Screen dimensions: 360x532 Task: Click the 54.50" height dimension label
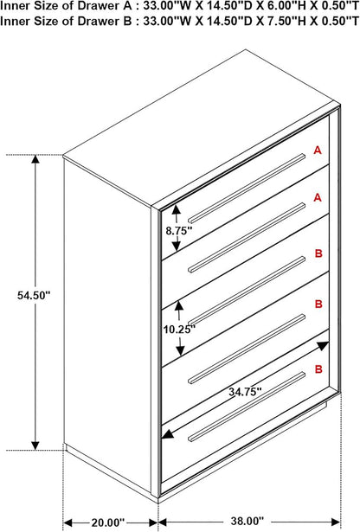34,295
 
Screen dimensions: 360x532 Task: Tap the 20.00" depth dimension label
108,522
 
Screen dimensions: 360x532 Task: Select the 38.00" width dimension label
247,521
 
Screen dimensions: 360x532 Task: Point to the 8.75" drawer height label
179,231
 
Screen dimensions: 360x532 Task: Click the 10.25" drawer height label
179,329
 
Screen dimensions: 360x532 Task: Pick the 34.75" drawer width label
245,392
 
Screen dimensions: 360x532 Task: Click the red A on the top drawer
318,151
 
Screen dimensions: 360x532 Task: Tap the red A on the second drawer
318,197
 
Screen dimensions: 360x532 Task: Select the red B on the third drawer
318,253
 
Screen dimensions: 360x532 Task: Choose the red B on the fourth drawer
318,304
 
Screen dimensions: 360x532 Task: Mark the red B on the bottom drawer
318,369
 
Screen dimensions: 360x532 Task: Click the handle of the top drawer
247,189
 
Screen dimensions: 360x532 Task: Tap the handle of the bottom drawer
247,407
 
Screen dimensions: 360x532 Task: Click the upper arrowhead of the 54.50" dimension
35,159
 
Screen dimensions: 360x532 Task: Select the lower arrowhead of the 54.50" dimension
35,446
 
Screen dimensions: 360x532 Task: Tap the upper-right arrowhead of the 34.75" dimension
324,346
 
